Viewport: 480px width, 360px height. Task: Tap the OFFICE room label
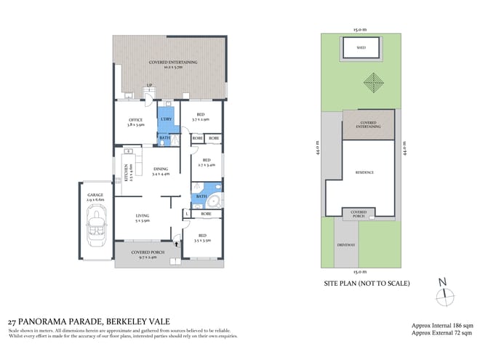coord(135,120)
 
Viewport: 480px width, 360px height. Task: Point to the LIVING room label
coord(143,217)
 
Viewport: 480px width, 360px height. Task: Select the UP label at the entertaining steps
coord(149,86)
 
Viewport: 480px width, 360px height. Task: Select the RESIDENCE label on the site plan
coord(364,172)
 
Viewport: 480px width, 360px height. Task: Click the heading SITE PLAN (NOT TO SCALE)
coord(367,283)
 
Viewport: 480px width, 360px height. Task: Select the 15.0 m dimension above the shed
coord(361,30)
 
